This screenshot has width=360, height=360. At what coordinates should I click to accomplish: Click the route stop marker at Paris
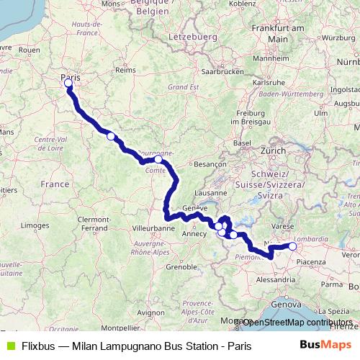68,84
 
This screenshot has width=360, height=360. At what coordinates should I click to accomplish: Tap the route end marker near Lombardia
292,246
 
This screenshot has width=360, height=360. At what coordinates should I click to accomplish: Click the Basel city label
242,143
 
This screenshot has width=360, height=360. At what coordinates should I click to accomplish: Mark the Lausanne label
211,193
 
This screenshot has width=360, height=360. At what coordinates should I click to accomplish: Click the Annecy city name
194,233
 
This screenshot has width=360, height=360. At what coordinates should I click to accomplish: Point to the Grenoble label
181,266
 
